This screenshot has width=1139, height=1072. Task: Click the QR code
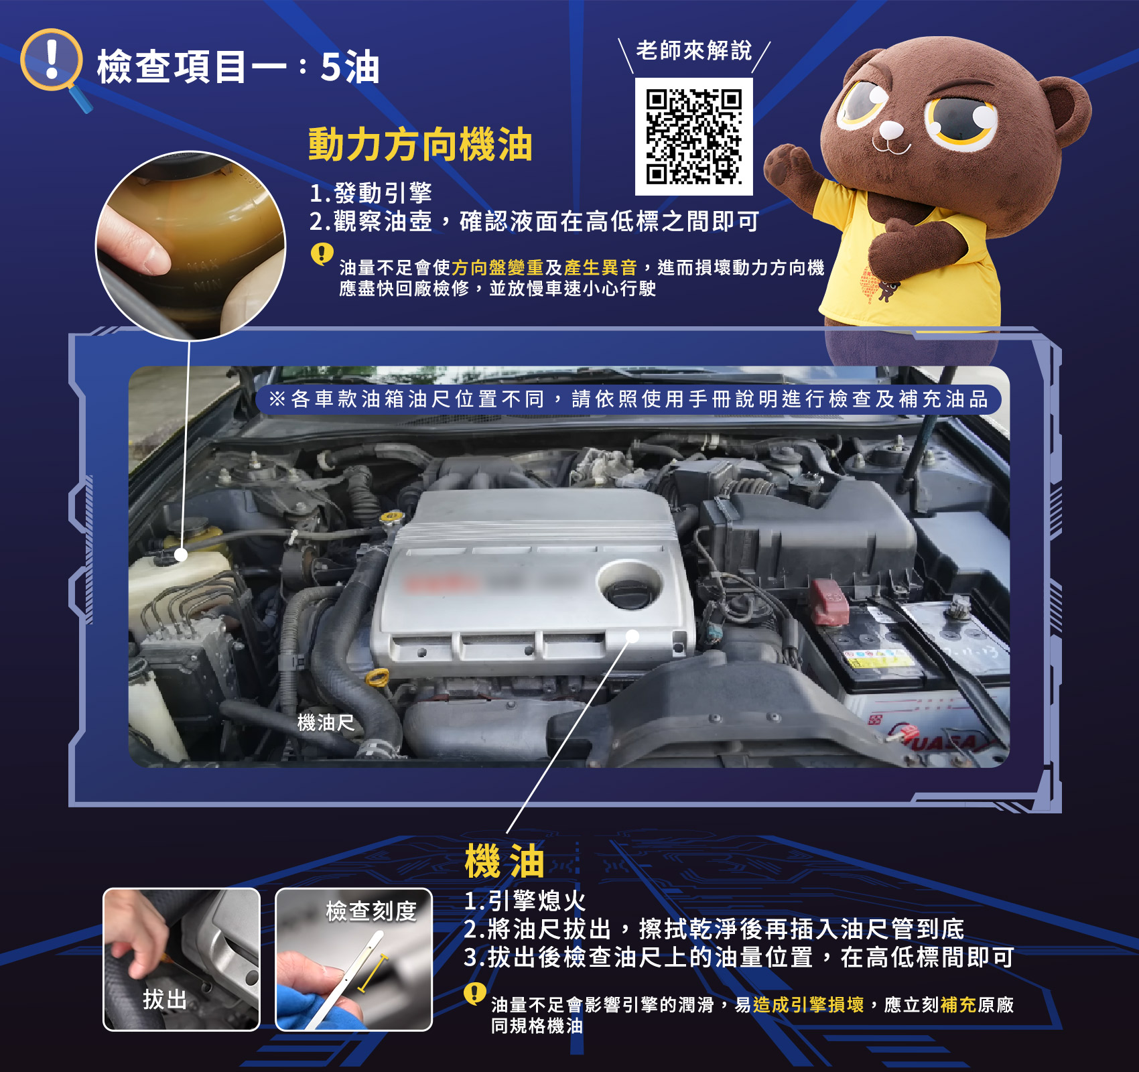[693, 137]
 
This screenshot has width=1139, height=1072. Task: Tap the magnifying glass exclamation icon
[54, 67]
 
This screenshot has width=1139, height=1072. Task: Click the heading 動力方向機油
[420, 145]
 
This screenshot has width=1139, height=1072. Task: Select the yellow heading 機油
[505, 861]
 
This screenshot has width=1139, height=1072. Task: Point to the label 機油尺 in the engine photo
[326, 722]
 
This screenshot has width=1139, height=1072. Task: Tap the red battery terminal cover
[829, 602]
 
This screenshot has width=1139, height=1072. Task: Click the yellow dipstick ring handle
[377, 677]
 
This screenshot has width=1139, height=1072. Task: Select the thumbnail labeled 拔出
[181, 959]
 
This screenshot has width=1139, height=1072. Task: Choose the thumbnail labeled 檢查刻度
[354, 959]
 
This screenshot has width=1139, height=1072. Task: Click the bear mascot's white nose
[891, 129]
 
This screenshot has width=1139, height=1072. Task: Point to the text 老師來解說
[694, 50]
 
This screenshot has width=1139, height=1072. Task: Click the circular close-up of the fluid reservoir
[190, 245]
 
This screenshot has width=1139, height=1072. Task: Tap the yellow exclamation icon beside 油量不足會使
[322, 254]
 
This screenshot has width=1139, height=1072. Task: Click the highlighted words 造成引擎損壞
[808, 1005]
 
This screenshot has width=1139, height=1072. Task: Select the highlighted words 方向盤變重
[497, 268]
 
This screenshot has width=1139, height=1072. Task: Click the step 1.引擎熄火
[525, 901]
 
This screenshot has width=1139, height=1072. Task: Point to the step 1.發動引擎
[371, 194]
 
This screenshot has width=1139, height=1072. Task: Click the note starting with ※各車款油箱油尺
[628, 399]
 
